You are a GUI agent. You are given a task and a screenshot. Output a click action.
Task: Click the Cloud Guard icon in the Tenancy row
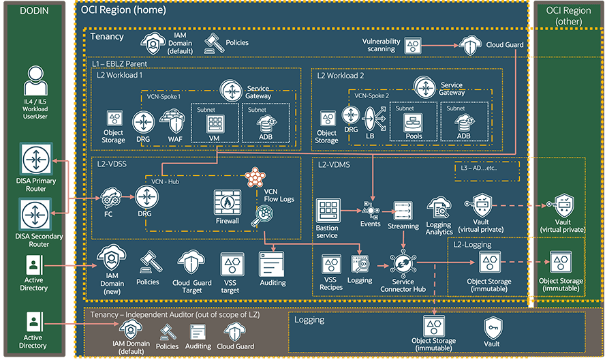click(x=471, y=45)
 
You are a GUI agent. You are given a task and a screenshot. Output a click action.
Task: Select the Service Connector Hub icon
click(x=402, y=264)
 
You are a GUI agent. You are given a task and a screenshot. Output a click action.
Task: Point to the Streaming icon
click(x=403, y=210)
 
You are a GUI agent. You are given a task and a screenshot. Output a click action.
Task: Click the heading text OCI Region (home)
click(x=129, y=10)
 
